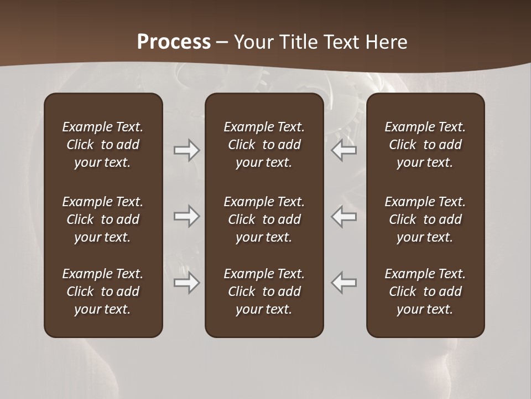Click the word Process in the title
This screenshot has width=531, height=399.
click(x=174, y=42)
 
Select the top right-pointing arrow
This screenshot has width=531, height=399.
click(x=187, y=150)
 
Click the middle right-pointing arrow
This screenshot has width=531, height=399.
click(x=187, y=216)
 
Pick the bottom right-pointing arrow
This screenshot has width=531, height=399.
click(x=187, y=283)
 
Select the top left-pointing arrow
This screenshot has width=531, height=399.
click(x=344, y=150)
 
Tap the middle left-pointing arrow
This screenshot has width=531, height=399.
click(x=344, y=216)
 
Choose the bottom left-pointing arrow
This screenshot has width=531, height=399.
click(x=344, y=283)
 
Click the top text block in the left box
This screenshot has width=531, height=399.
click(x=103, y=145)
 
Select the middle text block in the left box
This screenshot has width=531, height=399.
click(x=103, y=219)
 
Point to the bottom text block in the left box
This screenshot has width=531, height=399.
click(x=103, y=291)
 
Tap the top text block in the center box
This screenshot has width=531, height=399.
click(x=264, y=145)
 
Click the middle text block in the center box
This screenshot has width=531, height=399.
click(x=264, y=219)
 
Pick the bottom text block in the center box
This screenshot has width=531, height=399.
click(x=264, y=291)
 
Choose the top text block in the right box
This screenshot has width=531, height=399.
click(x=425, y=145)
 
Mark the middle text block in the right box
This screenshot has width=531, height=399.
click(x=425, y=219)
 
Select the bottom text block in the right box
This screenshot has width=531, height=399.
click(x=425, y=291)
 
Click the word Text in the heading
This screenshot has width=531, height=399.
click(x=341, y=42)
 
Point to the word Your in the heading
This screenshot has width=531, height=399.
click(x=253, y=42)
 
